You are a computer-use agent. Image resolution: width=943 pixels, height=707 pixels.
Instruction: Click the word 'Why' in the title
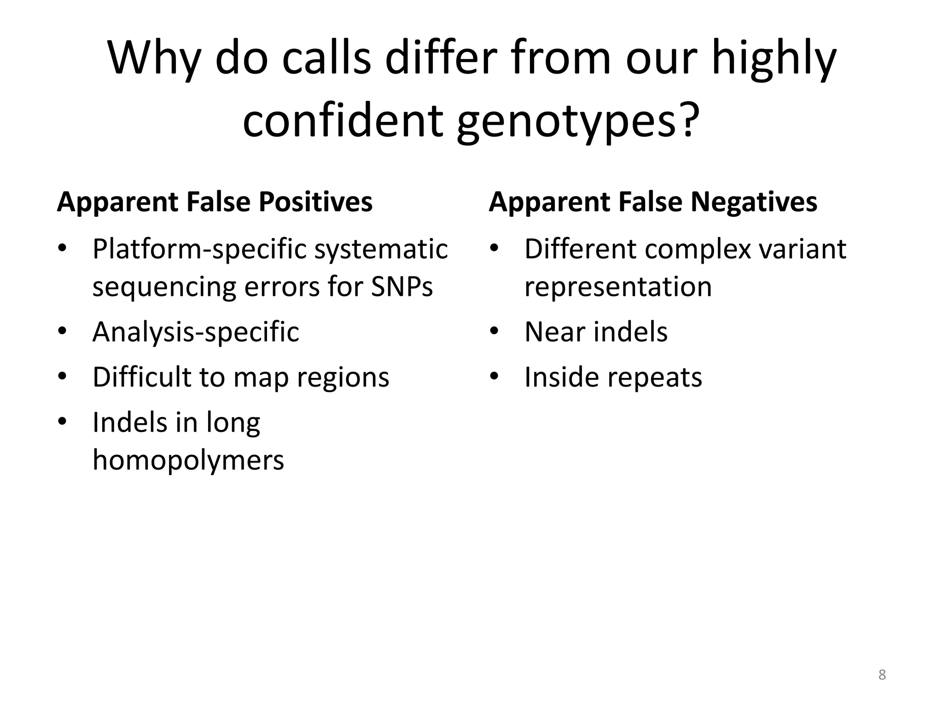[x=154, y=58]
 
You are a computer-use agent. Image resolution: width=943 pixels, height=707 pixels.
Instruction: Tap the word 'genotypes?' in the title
[x=578, y=121]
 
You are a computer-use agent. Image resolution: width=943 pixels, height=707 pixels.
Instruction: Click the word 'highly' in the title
[x=774, y=58]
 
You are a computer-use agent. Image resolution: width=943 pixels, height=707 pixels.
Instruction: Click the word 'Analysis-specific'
[x=196, y=332]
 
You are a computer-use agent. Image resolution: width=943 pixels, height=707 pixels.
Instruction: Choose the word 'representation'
[x=618, y=287]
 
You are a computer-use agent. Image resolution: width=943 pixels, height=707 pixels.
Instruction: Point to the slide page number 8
[x=882, y=675]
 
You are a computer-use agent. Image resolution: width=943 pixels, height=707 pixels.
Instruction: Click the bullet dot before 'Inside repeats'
[x=495, y=377]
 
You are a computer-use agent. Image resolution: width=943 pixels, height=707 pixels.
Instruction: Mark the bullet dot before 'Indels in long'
[x=63, y=422]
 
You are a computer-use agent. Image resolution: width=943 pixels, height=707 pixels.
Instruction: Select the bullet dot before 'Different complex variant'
[x=495, y=249]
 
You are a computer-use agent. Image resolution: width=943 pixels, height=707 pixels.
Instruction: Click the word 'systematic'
[x=381, y=250]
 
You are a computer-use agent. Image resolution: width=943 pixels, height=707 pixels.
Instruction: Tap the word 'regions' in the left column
[x=343, y=378]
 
